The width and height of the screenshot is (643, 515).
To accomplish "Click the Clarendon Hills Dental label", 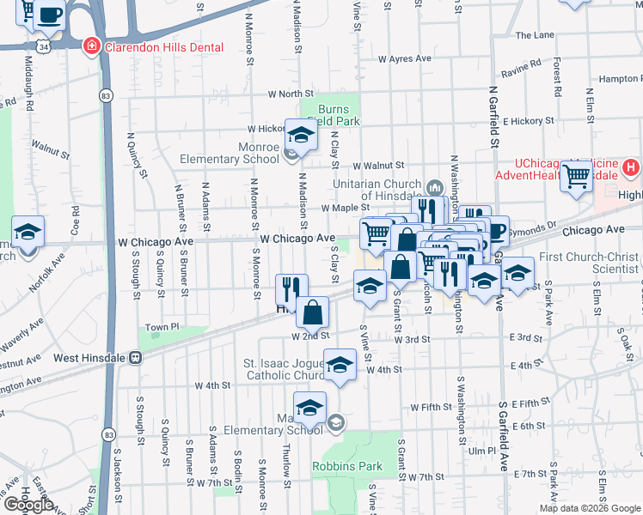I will click(x=163, y=47).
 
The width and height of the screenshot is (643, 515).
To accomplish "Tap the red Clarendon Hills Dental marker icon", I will click(x=90, y=46).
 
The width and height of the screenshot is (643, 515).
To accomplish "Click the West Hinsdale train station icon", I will click(x=135, y=357).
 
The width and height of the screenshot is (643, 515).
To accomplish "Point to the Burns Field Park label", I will click(x=338, y=116).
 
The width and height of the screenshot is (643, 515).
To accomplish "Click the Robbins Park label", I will click(x=359, y=467).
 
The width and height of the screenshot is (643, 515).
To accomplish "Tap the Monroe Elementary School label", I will click(x=230, y=153).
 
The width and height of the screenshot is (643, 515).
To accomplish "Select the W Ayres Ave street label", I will click(x=404, y=59).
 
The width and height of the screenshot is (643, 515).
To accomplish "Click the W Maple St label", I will click(x=345, y=208).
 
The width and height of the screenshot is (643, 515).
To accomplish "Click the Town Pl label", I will click(x=162, y=328).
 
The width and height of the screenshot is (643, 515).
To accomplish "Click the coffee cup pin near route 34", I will click(x=51, y=14).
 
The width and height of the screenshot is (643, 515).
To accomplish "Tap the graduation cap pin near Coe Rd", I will click(x=28, y=232).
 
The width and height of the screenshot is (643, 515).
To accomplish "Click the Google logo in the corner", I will click(x=29, y=505).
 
